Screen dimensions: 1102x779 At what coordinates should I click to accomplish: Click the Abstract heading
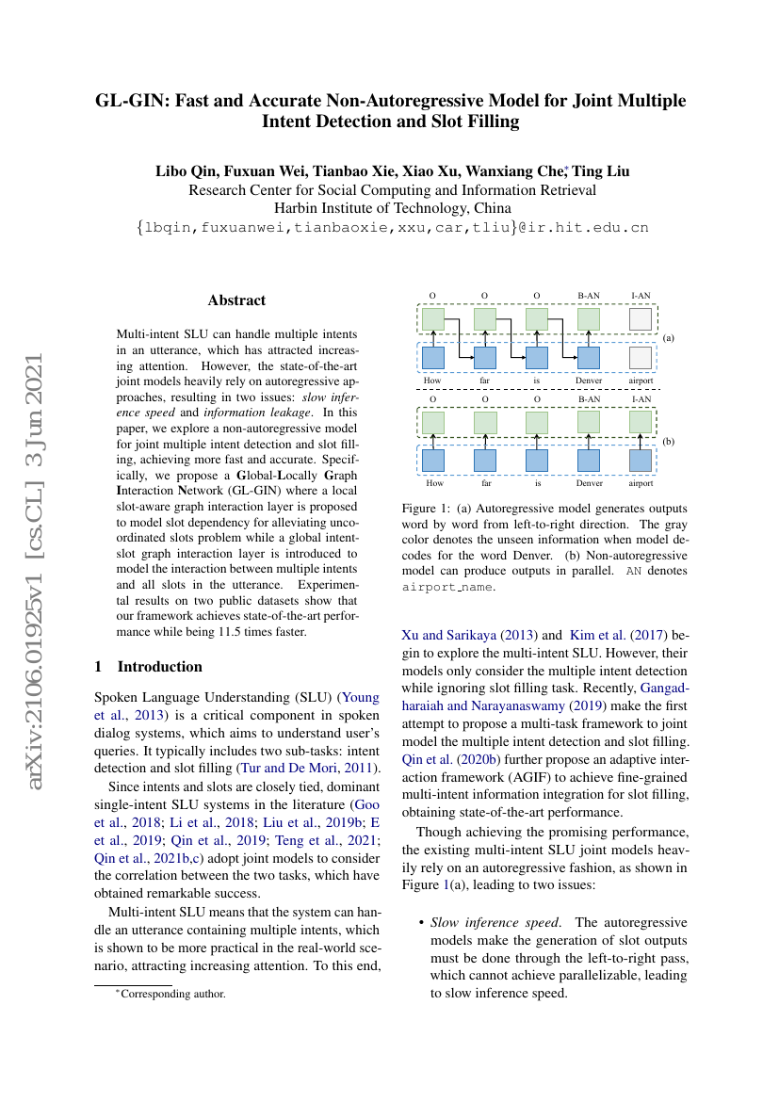pyautogui.click(x=236, y=300)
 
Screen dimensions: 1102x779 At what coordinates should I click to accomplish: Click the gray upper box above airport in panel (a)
pyautogui.click(x=640, y=319)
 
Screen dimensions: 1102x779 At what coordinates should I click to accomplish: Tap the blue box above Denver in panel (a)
pyautogui.click(x=589, y=358)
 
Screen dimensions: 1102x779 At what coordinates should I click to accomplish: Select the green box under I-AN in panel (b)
pyautogui.click(x=640, y=420)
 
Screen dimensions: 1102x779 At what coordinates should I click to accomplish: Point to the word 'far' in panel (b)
pyautogui.click(x=486, y=483)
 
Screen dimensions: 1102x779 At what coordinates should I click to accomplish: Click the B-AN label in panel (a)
pyautogui.click(x=589, y=296)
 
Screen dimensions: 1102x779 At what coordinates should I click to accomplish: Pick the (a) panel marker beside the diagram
pyautogui.click(x=669, y=337)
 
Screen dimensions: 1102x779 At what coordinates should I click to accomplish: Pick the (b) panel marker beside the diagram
pyautogui.click(x=669, y=441)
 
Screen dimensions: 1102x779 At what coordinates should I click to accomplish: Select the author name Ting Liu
pyautogui.click(x=602, y=171)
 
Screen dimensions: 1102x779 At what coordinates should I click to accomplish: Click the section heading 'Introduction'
pyautogui.click(x=159, y=667)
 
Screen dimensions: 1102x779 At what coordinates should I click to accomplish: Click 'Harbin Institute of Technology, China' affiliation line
pyautogui.click(x=392, y=208)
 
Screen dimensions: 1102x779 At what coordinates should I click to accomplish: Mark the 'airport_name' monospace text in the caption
pyautogui.click(x=446, y=586)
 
